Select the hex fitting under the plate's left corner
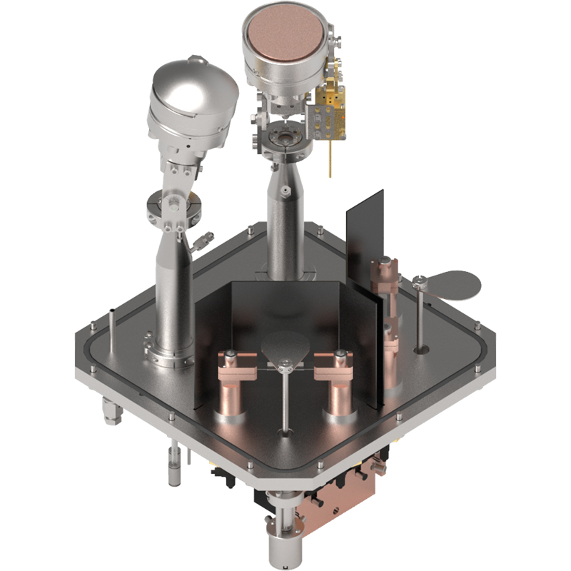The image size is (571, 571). [x=110, y=412]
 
